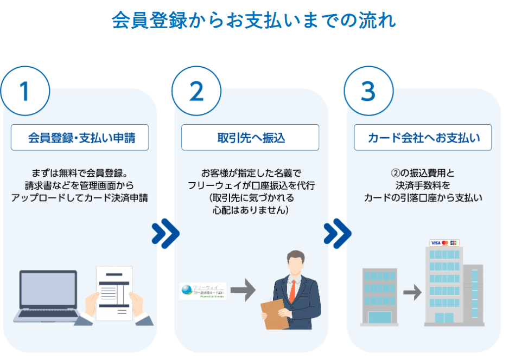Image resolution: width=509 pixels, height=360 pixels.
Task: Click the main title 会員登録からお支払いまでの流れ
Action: point(254,20)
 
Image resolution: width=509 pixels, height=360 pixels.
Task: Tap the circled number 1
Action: point(24,91)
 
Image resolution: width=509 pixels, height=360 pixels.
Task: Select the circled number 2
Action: point(196,91)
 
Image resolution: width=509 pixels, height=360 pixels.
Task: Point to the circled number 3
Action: point(368,91)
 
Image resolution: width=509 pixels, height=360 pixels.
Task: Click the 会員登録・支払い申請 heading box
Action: point(80,138)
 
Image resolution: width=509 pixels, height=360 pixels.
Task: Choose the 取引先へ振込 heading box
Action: point(250,138)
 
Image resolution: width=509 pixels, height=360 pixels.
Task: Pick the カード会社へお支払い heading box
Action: point(423,138)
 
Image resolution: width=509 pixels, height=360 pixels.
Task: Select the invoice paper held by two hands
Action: point(114,292)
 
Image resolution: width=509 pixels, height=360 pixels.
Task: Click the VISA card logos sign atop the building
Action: point(444,242)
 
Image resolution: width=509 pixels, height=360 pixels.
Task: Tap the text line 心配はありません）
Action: point(250,209)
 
